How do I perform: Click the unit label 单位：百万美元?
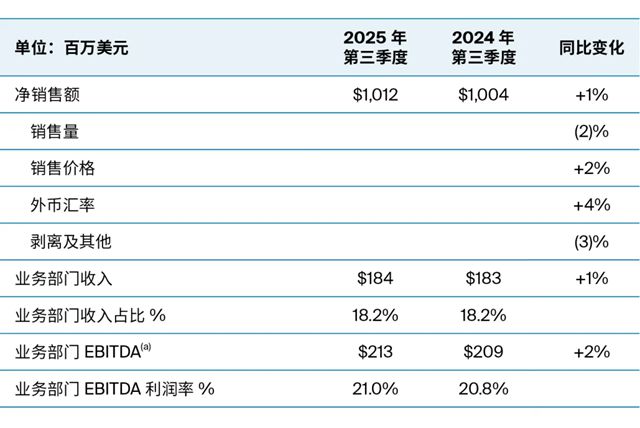[x=71, y=47]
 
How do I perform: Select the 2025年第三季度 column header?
[x=376, y=47]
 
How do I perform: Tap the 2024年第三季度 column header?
[x=483, y=47]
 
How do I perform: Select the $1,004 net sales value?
[x=483, y=96]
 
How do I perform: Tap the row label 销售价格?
[x=63, y=168]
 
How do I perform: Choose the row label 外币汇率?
[x=63, y=205]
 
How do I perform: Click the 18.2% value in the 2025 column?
[x=377, y=315]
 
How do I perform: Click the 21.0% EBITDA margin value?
[x=377, y=388]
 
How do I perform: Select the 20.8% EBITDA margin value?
[x=483, y=388]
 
